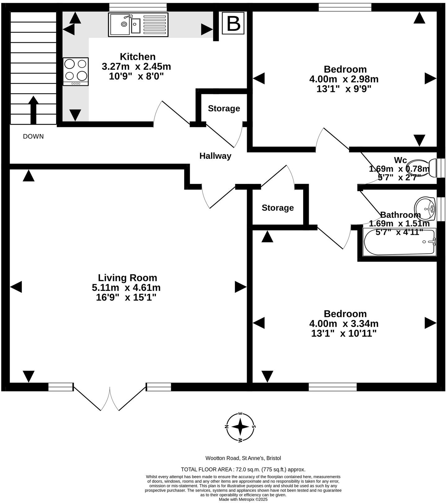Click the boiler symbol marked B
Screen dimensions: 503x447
[x=233, y=23]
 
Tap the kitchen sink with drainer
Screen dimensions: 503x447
[x=138, y=24]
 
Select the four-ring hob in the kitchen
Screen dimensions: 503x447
[x=76, y=72]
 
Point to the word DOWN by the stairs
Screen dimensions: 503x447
[x=33, y=136]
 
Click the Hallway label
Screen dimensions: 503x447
[x=215, y=156]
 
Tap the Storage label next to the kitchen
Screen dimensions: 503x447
[x=224, y=108]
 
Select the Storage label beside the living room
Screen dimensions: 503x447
[x=277, y=208]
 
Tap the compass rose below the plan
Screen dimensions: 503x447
[x=240, y=427]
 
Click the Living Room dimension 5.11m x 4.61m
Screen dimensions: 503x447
[x=126, y=288]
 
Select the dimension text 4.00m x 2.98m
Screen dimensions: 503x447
[x=344, y=79]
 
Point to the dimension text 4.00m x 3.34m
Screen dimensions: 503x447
[x=344, y=324]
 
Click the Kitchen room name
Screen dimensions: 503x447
[x=138, y=57]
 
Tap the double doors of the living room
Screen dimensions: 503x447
[x=110, y=398]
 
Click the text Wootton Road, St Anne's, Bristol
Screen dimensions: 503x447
[x=243, y=458]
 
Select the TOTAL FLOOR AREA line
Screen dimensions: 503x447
[x=243, y=470]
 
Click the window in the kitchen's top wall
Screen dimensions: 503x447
[x=138, y=7]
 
